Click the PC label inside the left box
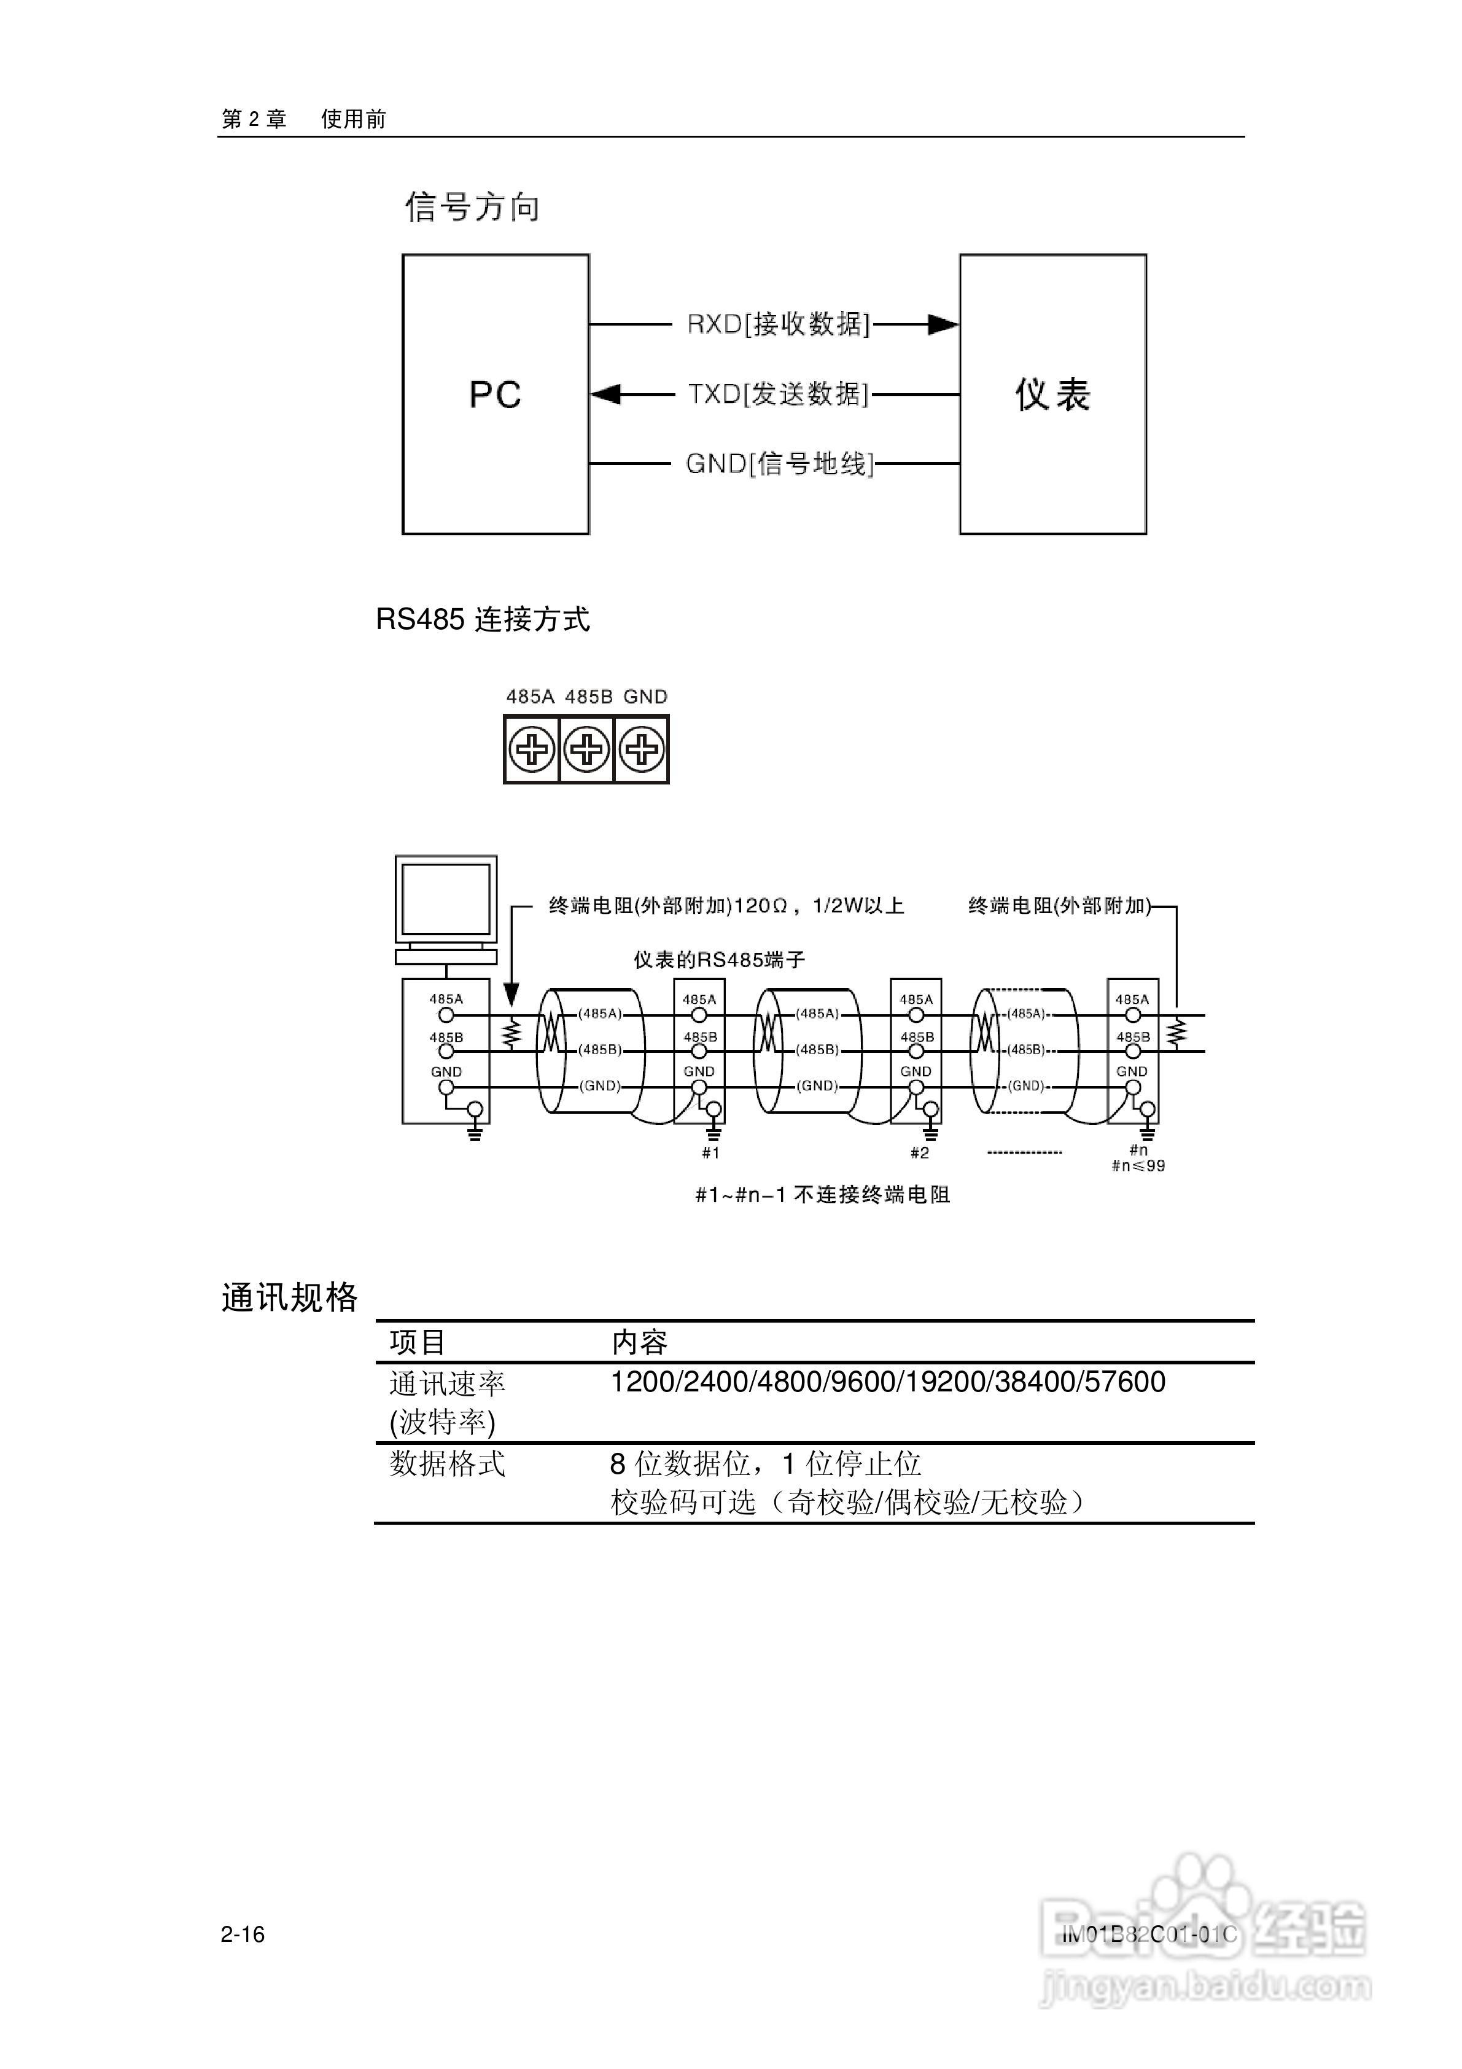click(494, 395)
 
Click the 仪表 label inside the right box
click(1052, 395)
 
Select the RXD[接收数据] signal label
click(779, 324)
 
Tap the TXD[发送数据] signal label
click(779, 394)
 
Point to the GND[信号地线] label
click(779, 464)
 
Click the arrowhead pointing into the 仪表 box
click(943, 324)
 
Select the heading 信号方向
click(472, 207)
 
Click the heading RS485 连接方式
click(483, 620)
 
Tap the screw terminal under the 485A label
click(532, 749)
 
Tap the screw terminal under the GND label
click(642, 749)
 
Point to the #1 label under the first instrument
click(710, 1152)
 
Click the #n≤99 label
click(1138, 1166)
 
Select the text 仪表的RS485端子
click(719, 960)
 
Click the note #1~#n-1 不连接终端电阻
click(822, 1195)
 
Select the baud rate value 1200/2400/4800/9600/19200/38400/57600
click(887, 1382)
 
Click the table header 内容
click(640, 1343)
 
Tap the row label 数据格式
click(448, 1463)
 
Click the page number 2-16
click(243, 1934)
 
